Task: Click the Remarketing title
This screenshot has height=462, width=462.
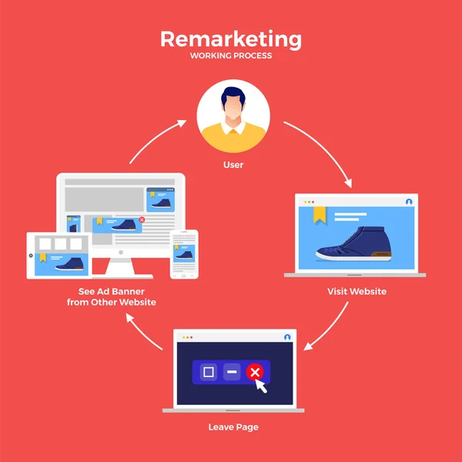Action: coord(231,38)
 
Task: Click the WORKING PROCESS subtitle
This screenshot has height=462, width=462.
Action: coord(231,55)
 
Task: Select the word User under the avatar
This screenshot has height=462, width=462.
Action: coord(233,165)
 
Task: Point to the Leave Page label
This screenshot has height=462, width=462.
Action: coord(233,426)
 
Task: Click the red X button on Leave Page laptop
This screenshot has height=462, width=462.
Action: coord(255,373)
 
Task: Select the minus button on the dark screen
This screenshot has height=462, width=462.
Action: coord(232,373)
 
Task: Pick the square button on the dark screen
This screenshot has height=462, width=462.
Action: coord(208,373)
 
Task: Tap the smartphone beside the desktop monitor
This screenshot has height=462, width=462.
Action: coord(184,253)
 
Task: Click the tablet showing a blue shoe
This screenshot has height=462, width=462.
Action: coord(59,255)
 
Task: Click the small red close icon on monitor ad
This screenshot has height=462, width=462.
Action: coord(142,219)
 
